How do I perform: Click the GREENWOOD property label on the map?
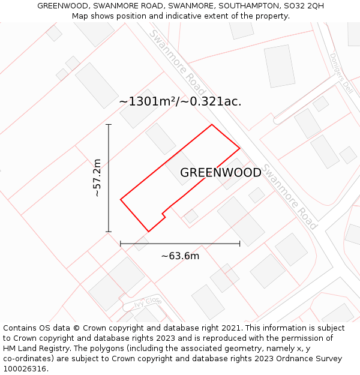pos(221,173)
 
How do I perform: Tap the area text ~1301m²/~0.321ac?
pos(180,101)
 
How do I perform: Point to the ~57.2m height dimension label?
pos(97,178)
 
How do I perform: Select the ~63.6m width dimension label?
pos(180,256)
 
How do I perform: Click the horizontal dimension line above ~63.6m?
pos(180,244)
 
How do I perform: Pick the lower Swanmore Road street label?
pos(290,196)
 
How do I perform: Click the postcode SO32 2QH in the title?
pos(306,5)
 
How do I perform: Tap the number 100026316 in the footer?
pos(25,369)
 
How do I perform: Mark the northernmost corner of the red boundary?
pos(212,125)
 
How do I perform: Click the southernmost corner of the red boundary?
pos(148,232)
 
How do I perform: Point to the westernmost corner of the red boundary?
pos(121,199)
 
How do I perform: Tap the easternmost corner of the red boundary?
pos(240,148)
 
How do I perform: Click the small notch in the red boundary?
pos(164,213)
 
